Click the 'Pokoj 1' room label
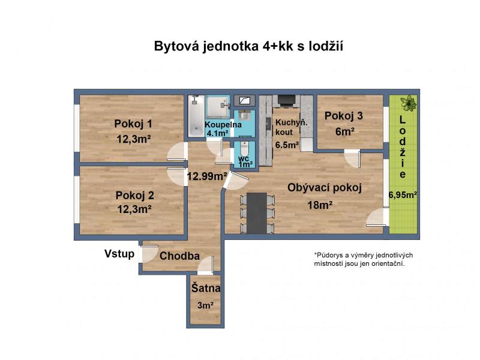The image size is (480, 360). pos(133,124)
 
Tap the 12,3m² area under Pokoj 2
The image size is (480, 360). pos(134,209)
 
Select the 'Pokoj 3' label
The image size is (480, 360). pos(343,116)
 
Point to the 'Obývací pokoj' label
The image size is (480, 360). pos(325,188)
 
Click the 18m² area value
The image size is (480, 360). pos(320,205)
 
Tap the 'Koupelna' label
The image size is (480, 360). pos(223,125)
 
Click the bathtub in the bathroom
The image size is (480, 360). pos(194,116)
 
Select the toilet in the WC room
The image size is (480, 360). pos(245,148)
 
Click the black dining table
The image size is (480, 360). pos(257,213)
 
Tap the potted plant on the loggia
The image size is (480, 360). pos(409,103)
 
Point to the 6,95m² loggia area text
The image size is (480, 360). pos(403,194)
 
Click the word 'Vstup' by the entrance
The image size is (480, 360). pos(119,254)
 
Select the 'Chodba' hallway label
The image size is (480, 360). pos(179,256)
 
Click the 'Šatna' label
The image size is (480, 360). pos(206,288)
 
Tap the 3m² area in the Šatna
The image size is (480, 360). pos(205,305)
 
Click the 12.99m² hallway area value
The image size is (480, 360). pos(207,176)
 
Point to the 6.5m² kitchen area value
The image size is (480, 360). pos(287,145)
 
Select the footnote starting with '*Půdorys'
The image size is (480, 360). pos(364,259)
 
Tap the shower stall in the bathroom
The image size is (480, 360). pos(218,107)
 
